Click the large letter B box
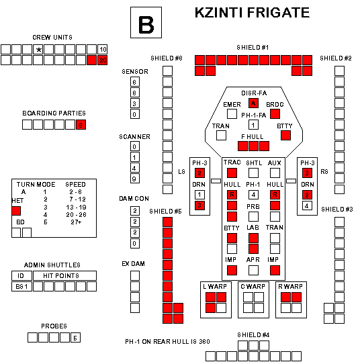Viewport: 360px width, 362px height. pyautogui.click(x=146, y=22)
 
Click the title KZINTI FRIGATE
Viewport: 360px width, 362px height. pyautogui.click(x=252, y=13)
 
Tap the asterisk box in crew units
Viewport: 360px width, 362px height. pyautogui.click(x=38, y=50)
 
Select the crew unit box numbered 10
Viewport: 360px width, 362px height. pyautogui.click(x=103, y=50)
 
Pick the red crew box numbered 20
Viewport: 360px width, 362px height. pyautogui.click(x=103, y=60)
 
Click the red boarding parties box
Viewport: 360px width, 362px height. pyautogui.click(x=81, y=125)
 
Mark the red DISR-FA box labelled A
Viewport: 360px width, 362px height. pyautogui.click(x=253, y=103)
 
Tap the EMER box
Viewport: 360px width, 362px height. pyautogui.click(x=232, y=114)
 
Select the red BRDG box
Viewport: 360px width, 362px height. pyautogui.click(x=275, y=114)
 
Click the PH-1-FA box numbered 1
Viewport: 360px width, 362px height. pyautogui.click(x=253, y=125)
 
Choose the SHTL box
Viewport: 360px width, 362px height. pyautogui.click(x=253, y=173)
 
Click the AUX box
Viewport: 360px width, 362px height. pyautogui.click(x=275, y=173)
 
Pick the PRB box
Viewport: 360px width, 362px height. pyautogui.click(x=253, y=216)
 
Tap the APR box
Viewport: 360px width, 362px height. pyautogui.click(x=253, y=271)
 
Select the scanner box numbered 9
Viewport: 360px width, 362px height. pyautogui.click(x=135, y=179)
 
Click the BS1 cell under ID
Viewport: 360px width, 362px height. pyautogui.click(x=21, y=287)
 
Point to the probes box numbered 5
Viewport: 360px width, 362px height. pyautogui.click(x=75, y=338)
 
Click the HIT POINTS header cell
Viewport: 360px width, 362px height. pyautogui.click(x=64, y=275)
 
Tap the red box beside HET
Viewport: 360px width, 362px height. pyautogui.click(x=16, y=211)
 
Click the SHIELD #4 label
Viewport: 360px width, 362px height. pyautogui.click(x=253, y=334)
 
